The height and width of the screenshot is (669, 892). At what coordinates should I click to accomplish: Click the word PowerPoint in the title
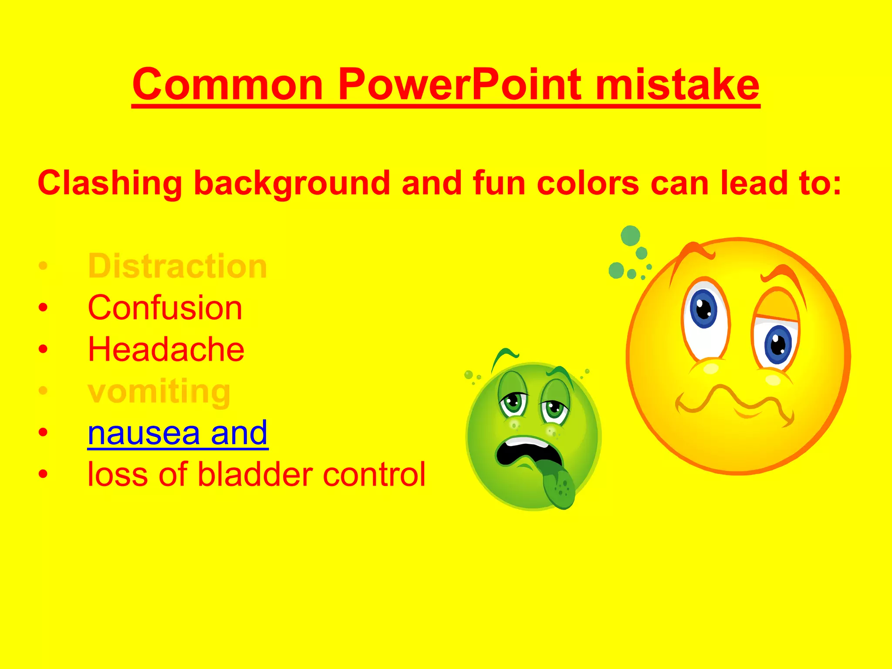click(x=460, y=85)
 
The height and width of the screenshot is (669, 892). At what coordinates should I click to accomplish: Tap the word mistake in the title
click(x=677, y=85)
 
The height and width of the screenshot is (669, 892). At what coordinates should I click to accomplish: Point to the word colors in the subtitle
click(x=588, y=183)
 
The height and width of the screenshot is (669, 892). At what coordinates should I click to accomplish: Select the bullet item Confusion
click(x=165, y=308)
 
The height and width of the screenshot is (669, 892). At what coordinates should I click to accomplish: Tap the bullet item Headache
click(x=166, y=349)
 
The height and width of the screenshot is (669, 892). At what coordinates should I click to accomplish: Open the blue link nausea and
click(x=178, y=433)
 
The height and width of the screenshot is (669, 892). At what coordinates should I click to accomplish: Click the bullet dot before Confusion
click(x=43, y=308)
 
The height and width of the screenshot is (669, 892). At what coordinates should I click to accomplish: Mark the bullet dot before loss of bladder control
click(x=43, y=474)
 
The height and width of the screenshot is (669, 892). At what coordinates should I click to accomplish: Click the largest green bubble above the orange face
click(x=630, y=236)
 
